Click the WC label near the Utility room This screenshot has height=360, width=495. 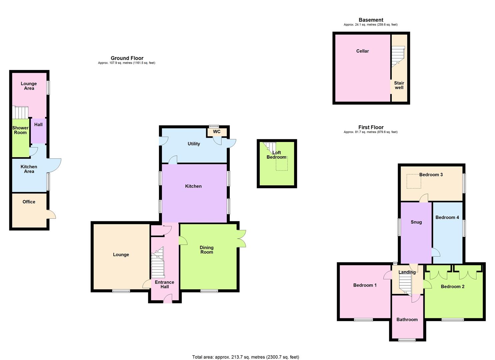pyautogui.click(x=217, y=132)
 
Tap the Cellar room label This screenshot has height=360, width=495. pyautogui.click(x=362, y=51)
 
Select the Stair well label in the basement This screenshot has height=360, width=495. pyautogui.click(x=399, y=85)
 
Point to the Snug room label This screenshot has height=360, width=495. pyautogui.click(x=416, y=222)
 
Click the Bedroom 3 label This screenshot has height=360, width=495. pyautogui.click(x=431, y=175)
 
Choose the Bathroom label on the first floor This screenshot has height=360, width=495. pyautogui.click(x=407, y=320)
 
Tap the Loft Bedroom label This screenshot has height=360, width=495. pyautogui.click(x=277, y=155)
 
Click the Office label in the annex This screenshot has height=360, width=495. pyautogui.click(x=29, y=202)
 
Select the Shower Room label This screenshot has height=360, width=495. pyautogui.click(x=20, y=130)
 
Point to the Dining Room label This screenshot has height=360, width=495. pyautogui.click(x=207, y=250)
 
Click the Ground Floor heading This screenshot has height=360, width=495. pyautogui.click(x=127, y=58)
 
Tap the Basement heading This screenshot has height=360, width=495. pyautogui.click(x=371, y=20)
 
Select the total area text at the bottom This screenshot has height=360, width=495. pyautogui.click(x=245, y=357)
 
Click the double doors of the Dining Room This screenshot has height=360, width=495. pyautogui.click(x=242, y=239)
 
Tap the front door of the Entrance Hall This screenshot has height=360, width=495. pyautogui.click(x=168, y=299)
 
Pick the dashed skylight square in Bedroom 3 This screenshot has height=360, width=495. pyautogui.click(x=414, y=181)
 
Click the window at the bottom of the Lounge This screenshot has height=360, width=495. pyautogui.click(x=121, y=291)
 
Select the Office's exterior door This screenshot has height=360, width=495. pyautogui.click(x=51, y=214)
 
